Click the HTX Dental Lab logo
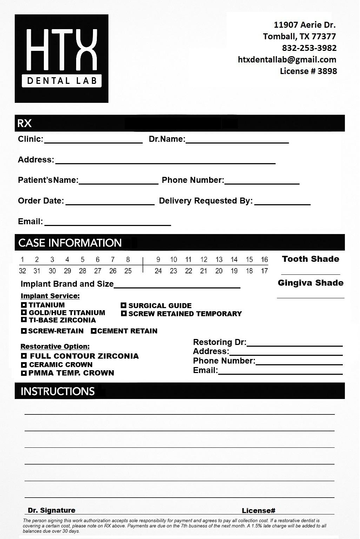pos(61,59)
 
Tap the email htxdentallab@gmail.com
pos(287,60)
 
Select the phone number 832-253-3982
pos(309,48)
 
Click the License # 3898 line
pos(308,71)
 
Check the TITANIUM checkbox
pos(24,305)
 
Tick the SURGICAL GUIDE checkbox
pos(124,305)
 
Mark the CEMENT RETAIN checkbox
pos(94,331)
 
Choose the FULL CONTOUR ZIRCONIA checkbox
pos(24,356)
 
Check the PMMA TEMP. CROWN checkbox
pos(24,373)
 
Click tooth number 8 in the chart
pos(128,260)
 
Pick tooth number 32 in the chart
pos(22,271)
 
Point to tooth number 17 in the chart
pos(265,271)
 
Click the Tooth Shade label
pos(311,259)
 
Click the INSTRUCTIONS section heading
pos(58,391)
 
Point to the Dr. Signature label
pos(52,510)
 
